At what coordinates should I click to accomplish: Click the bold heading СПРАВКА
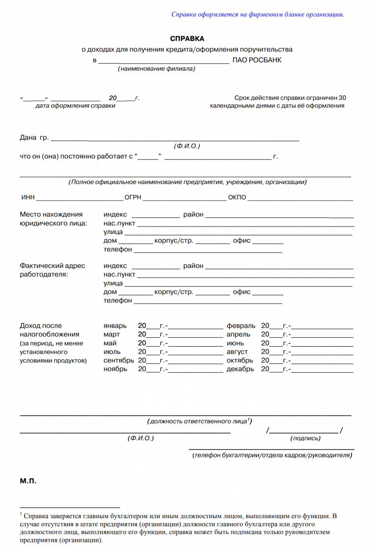point(187,39)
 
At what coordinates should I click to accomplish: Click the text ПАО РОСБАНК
point(256,60)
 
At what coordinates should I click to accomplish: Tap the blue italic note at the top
point(258,14)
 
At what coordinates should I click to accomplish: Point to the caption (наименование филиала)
point(156,69)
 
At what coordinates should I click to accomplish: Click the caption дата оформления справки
point(75,106)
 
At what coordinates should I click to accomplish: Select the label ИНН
point(28,198)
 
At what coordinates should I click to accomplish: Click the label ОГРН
point(133,198)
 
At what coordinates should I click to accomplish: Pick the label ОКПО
point(237,198)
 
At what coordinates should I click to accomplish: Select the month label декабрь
point(240,369)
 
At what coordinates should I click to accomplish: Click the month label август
point(237,352)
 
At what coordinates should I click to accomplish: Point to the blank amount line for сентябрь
point(195,361)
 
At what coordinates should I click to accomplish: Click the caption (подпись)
point(305,438)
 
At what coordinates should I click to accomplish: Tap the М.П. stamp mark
point(28,481)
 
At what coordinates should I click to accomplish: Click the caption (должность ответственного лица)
point(200,422)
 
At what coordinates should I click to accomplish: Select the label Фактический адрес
point(52,266)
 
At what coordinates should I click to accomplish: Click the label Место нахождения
point(51,215)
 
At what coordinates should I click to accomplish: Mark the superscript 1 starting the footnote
point(21,514)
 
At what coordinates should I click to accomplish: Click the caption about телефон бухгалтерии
point(272,456)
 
